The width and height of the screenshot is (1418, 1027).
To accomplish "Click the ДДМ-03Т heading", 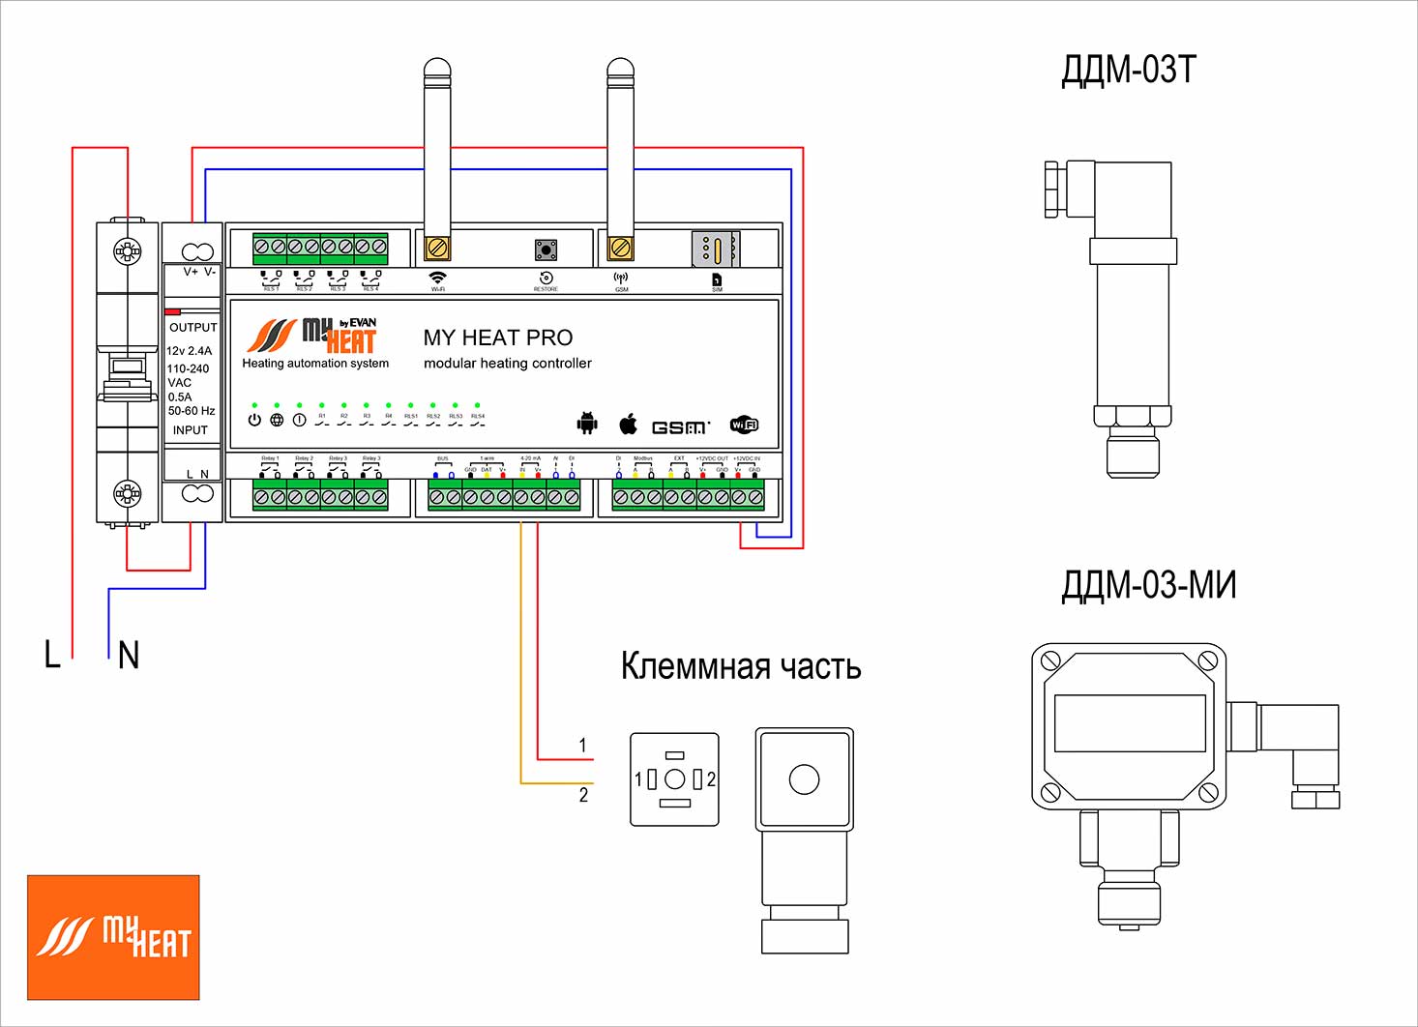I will click(x=1128, y=71).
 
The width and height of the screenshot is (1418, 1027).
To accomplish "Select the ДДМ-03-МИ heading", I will click(x=1148, y=586).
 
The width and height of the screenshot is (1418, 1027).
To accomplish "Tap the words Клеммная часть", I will click(x=740, y=666).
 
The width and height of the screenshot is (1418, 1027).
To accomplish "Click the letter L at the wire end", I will click(x=52, y=655).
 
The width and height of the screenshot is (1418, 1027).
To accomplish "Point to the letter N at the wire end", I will click(x=129, y=656).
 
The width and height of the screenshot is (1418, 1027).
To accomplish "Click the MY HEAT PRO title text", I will click(x=497, y=337).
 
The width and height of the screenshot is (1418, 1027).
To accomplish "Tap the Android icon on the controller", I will click(x=587, y=423).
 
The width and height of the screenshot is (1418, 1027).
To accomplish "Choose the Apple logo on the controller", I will click(x=629, y=423).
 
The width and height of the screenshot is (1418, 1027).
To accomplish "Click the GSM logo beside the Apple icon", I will click(x=680, y=426).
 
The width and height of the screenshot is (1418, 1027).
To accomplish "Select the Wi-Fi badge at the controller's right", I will click(x=744, y=425).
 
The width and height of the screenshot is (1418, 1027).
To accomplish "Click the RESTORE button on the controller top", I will click(x=546, y=250).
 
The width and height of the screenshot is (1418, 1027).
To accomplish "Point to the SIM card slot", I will click(x=716, y=249).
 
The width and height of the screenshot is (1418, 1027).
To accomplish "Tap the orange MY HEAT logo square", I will click(x=113, y=937).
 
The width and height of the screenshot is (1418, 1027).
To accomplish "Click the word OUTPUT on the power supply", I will click(x=192, y=328).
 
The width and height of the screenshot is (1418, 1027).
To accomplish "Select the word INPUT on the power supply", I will click(x=190, y=430).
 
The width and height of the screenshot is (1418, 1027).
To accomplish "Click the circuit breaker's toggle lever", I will click(x=128, y=368).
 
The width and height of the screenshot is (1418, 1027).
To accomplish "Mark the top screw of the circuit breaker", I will click(x=127, y=252).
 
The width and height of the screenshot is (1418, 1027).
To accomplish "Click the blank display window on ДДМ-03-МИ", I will click(x=1129, y=722).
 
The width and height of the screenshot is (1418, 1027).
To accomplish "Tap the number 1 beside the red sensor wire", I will click(x=582, y=746).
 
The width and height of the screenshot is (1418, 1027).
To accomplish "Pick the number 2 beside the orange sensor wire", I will click(x=583, y=795).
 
